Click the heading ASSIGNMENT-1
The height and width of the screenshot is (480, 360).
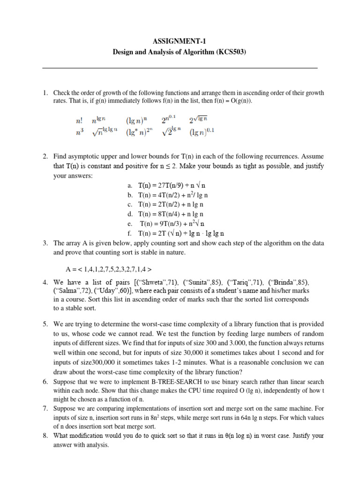tap(180, 42)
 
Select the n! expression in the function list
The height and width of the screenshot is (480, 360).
tap(79, 120)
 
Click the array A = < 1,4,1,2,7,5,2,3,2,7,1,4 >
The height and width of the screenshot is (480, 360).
tap(109, 270)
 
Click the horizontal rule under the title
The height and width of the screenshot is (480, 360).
tap(180, 68)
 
